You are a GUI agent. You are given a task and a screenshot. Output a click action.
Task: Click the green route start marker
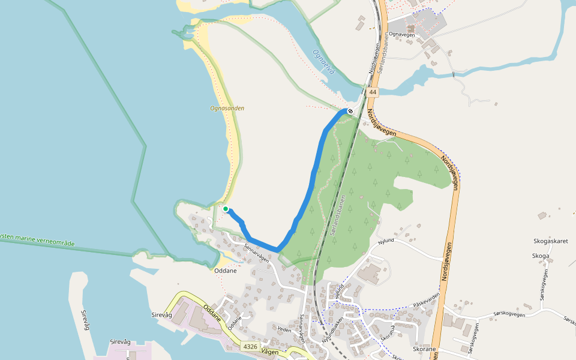tap(226, 209)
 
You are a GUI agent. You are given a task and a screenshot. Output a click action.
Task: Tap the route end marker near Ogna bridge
tap(350, 111)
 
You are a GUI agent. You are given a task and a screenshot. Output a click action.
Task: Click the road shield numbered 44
tap(373, 92)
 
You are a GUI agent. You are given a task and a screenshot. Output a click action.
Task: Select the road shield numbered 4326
tap(250, 347)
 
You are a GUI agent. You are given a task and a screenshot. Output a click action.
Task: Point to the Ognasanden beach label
tap(227, 109)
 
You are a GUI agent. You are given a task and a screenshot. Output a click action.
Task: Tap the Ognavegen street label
tap(403, 35)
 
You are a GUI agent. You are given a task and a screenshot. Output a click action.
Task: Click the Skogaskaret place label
tap(550, 241)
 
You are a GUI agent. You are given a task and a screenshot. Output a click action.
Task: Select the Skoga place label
tap(541, 256)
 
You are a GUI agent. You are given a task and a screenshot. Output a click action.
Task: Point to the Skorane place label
tap(425, 349)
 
